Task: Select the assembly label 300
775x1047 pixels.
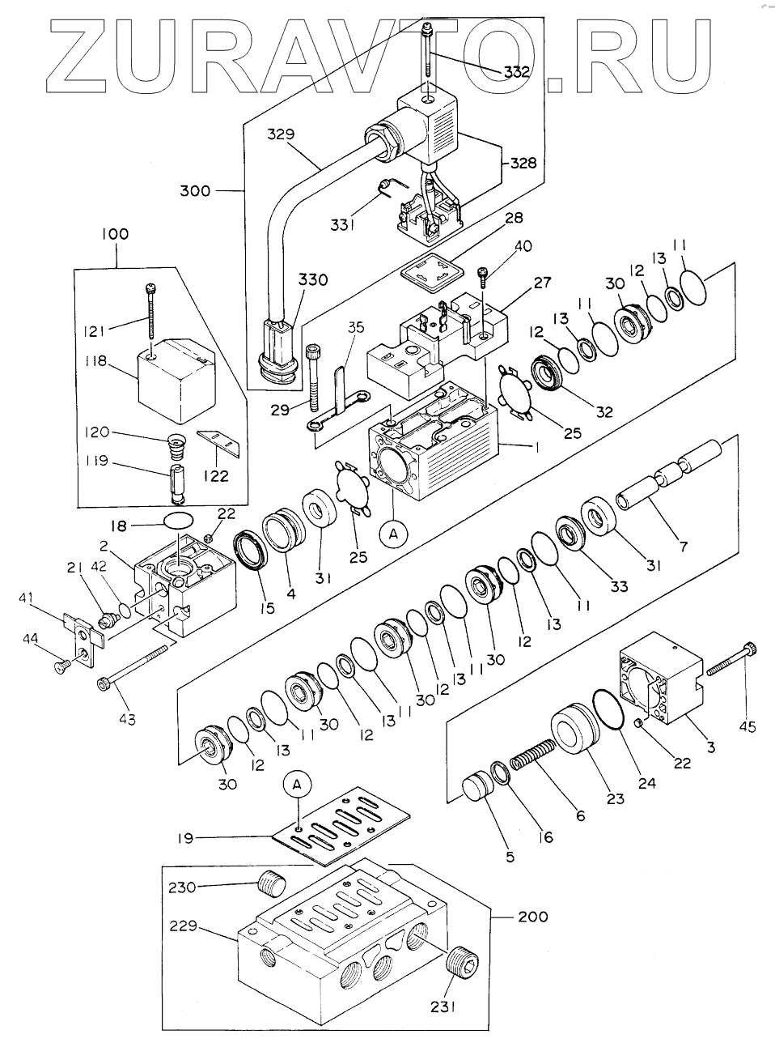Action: tap(195, 191)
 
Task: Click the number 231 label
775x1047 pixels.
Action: tap(443, 1007)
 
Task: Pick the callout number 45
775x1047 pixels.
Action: tap(748, 726)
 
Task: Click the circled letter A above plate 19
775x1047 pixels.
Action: tap(297, 784)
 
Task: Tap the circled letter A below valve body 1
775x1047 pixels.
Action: tap(392, 534)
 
